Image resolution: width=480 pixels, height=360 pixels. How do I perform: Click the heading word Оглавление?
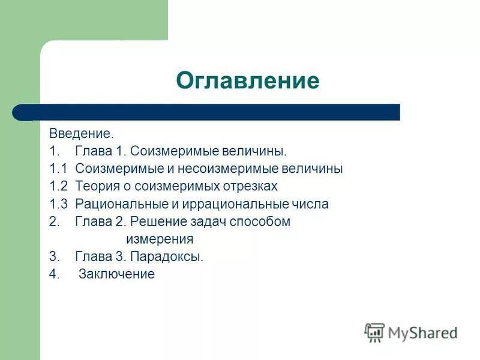point(247,80)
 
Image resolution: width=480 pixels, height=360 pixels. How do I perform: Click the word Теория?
point(95,186)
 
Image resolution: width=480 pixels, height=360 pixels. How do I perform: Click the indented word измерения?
point(159,239)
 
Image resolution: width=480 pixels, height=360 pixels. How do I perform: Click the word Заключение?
point(116,274)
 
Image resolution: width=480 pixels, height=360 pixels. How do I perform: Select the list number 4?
point(55,274)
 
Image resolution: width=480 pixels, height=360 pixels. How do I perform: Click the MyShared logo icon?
point(374,332)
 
